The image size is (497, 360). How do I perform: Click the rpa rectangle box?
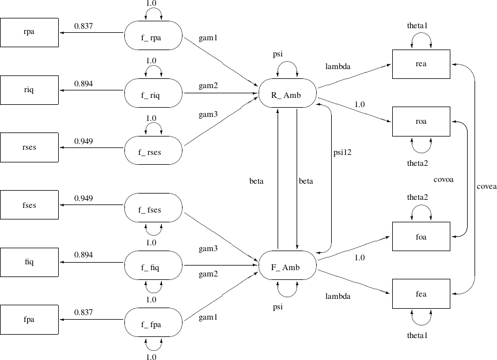click(29, 32)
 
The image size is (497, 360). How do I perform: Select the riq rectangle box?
click(29, 90)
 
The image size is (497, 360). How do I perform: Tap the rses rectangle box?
click(29, 147)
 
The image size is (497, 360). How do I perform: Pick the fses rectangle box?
click(29, 205)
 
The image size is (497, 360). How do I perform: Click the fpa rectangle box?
click(29, 320)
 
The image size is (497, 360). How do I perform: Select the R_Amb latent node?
click(286, 94)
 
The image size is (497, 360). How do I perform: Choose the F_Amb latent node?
click(286, 267)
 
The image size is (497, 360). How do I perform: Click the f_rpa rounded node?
click(153, 36)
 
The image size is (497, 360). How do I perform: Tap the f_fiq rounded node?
click(153, 267)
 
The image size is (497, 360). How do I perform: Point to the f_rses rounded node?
click(153, 151)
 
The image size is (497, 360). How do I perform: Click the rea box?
click(421, 64)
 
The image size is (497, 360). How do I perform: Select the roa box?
click(421, 122)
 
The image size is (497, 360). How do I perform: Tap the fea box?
click(421, 294)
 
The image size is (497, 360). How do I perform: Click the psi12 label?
click(342, 153)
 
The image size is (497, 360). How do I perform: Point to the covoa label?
click(443, 180)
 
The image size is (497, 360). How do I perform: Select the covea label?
click(486, 187)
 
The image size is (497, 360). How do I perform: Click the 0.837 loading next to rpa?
click(84, 25)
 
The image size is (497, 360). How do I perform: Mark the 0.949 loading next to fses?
click(84, 199)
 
